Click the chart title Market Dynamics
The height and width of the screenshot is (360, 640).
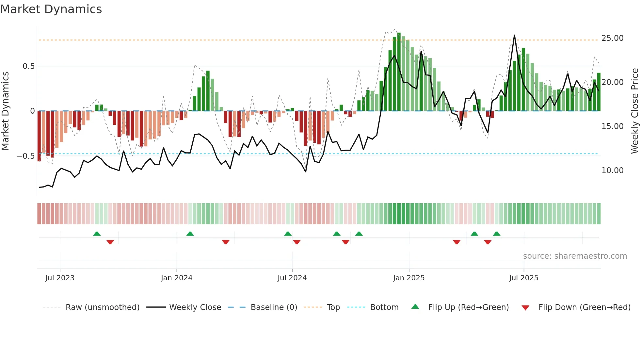click(51, 9)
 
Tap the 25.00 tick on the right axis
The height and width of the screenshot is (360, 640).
click(612, 38)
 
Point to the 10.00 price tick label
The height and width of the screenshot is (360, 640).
click(612, 171)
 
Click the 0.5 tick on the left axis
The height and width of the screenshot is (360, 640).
click(28, 66)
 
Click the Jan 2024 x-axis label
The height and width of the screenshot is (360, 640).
click(176, 278)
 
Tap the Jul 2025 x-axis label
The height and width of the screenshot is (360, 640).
click(523, 278)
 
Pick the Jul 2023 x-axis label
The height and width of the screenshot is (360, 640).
click(60, 278)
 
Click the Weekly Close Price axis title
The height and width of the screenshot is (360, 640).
click(634, 111)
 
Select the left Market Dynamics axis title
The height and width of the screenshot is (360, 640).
click(5, 111)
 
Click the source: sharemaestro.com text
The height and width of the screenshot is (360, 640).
click(575, 256)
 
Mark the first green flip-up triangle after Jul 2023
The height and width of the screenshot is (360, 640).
click(97, 234)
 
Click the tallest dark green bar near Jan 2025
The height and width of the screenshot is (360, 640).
click(399, 72)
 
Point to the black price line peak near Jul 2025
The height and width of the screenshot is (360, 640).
click(514, 35)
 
